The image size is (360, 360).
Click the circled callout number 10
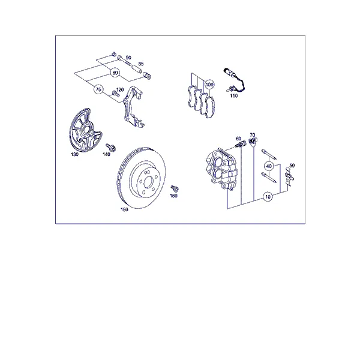tap(268, 197)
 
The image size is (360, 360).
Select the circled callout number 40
tap(269, 166)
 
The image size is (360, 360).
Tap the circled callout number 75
tap(98, 89)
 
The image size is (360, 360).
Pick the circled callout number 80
tap(115, 73)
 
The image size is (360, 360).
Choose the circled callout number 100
tap(209, 85)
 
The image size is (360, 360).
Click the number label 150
tap(124, 209)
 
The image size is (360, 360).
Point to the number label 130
tap(74, 155)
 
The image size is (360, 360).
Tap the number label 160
tap(173, 196)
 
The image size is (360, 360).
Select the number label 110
tap(234, 96)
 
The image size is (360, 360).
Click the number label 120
tap(120, 89)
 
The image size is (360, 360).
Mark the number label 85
tap(141, 64)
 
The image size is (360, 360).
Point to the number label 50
tap(292, 166)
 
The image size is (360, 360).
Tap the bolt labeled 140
tap(110, 148)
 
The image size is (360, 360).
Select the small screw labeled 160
tap(175, 189)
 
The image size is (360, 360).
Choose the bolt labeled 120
tap(115, 94)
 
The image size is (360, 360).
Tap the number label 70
tap(253, 135)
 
